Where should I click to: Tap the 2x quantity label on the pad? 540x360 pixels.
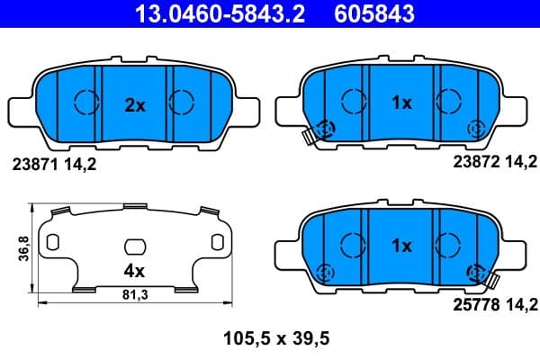135,105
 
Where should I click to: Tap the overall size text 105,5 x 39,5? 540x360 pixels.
270,339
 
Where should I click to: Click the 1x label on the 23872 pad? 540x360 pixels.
400,103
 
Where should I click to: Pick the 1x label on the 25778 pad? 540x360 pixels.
400,245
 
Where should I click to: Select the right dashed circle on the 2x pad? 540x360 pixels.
183,102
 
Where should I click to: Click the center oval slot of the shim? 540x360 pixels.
135,246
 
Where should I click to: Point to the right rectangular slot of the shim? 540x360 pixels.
216,242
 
